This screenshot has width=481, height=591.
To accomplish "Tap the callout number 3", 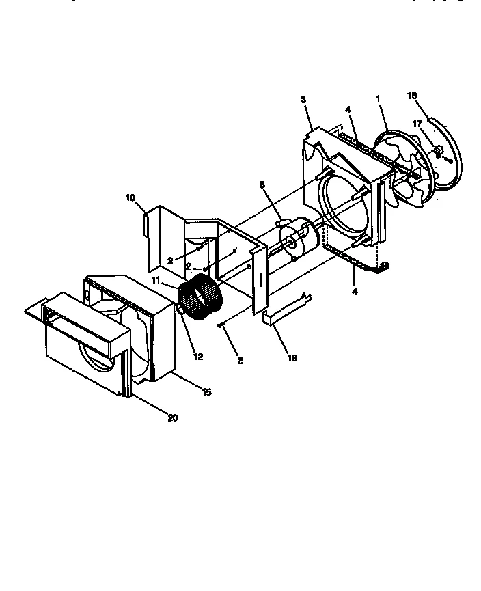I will tap(303, 99).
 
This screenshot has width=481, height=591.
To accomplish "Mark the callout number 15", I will tap(206, 392).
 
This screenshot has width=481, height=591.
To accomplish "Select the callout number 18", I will tap(412, 96).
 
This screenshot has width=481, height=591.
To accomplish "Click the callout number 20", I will tap(172, 417).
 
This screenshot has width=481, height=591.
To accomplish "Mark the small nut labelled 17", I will tap(438, 150).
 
